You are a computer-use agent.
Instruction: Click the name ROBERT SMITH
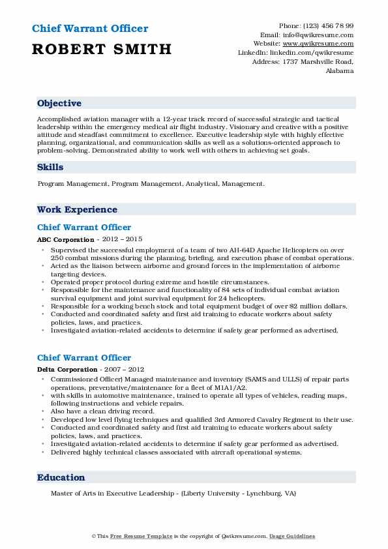point(102,49)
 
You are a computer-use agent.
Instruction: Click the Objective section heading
point(59,104)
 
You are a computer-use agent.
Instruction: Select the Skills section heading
point(50,168)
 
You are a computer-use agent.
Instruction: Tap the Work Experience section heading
point(77,210)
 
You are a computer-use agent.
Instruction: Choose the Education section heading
point(61,477)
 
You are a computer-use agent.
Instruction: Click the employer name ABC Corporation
point(66,240)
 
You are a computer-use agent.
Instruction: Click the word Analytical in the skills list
point(202,184)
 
